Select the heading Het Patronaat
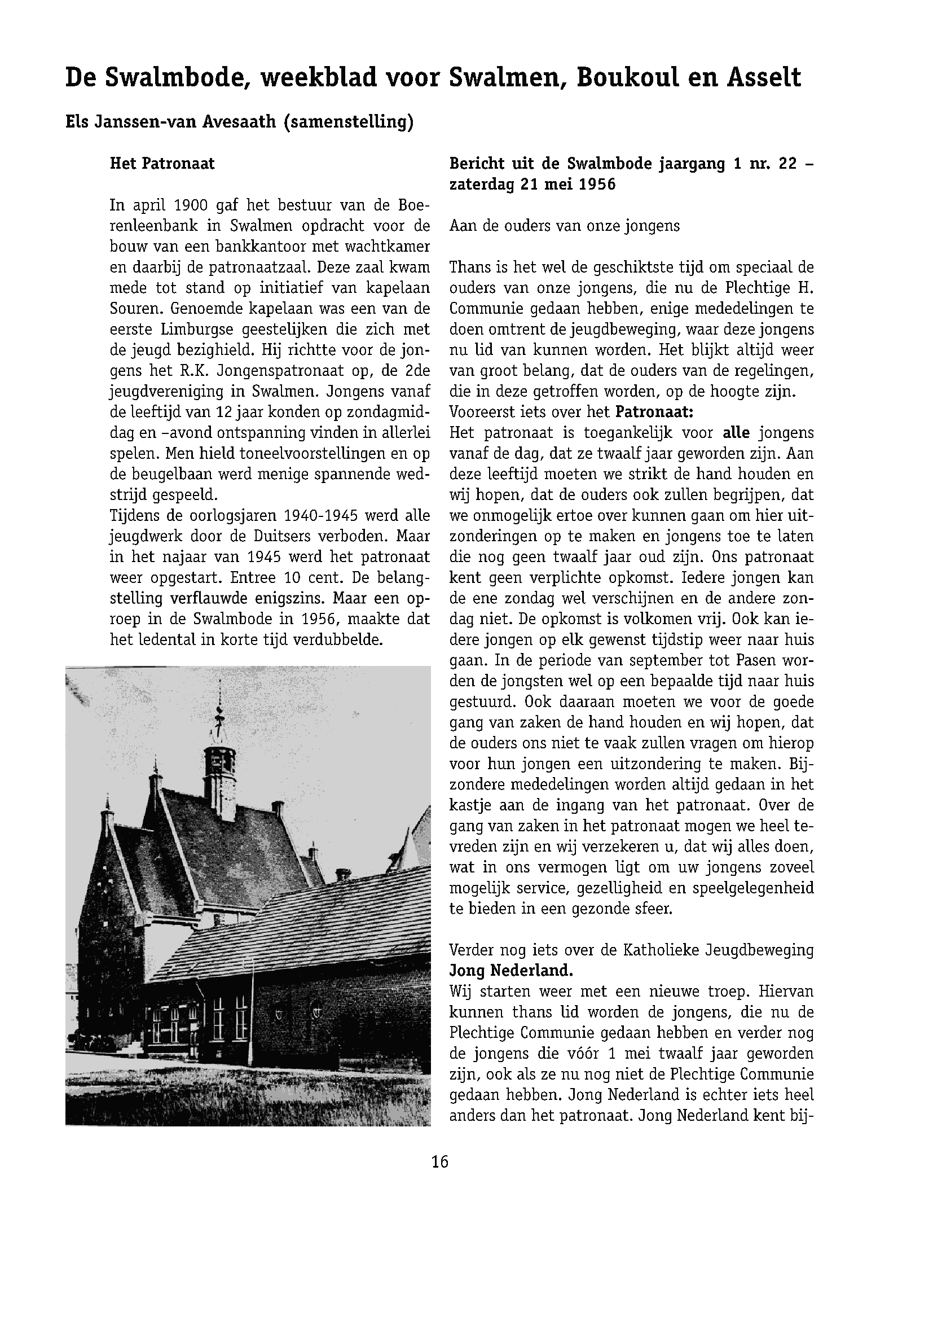point(162,164)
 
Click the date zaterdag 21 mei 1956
point(532,185)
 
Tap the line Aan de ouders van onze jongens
point(564,226)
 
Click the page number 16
point(439,1162)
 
